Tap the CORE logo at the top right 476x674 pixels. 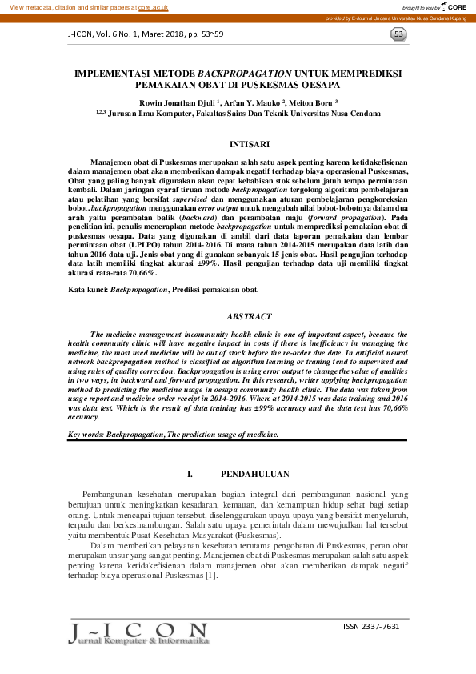click(x=452, y=6)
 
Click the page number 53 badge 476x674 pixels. click(x=399, y=34)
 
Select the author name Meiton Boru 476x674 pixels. click(x=312, y=102)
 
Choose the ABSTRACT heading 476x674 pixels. click(x=249, y=317)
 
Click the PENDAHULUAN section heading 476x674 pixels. click(x=254, y=474)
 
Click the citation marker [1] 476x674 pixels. click(x=211, y=575)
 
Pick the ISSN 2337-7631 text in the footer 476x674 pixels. click(x=370, y=626)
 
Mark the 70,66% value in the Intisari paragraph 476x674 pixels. click(x=140, y=273)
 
